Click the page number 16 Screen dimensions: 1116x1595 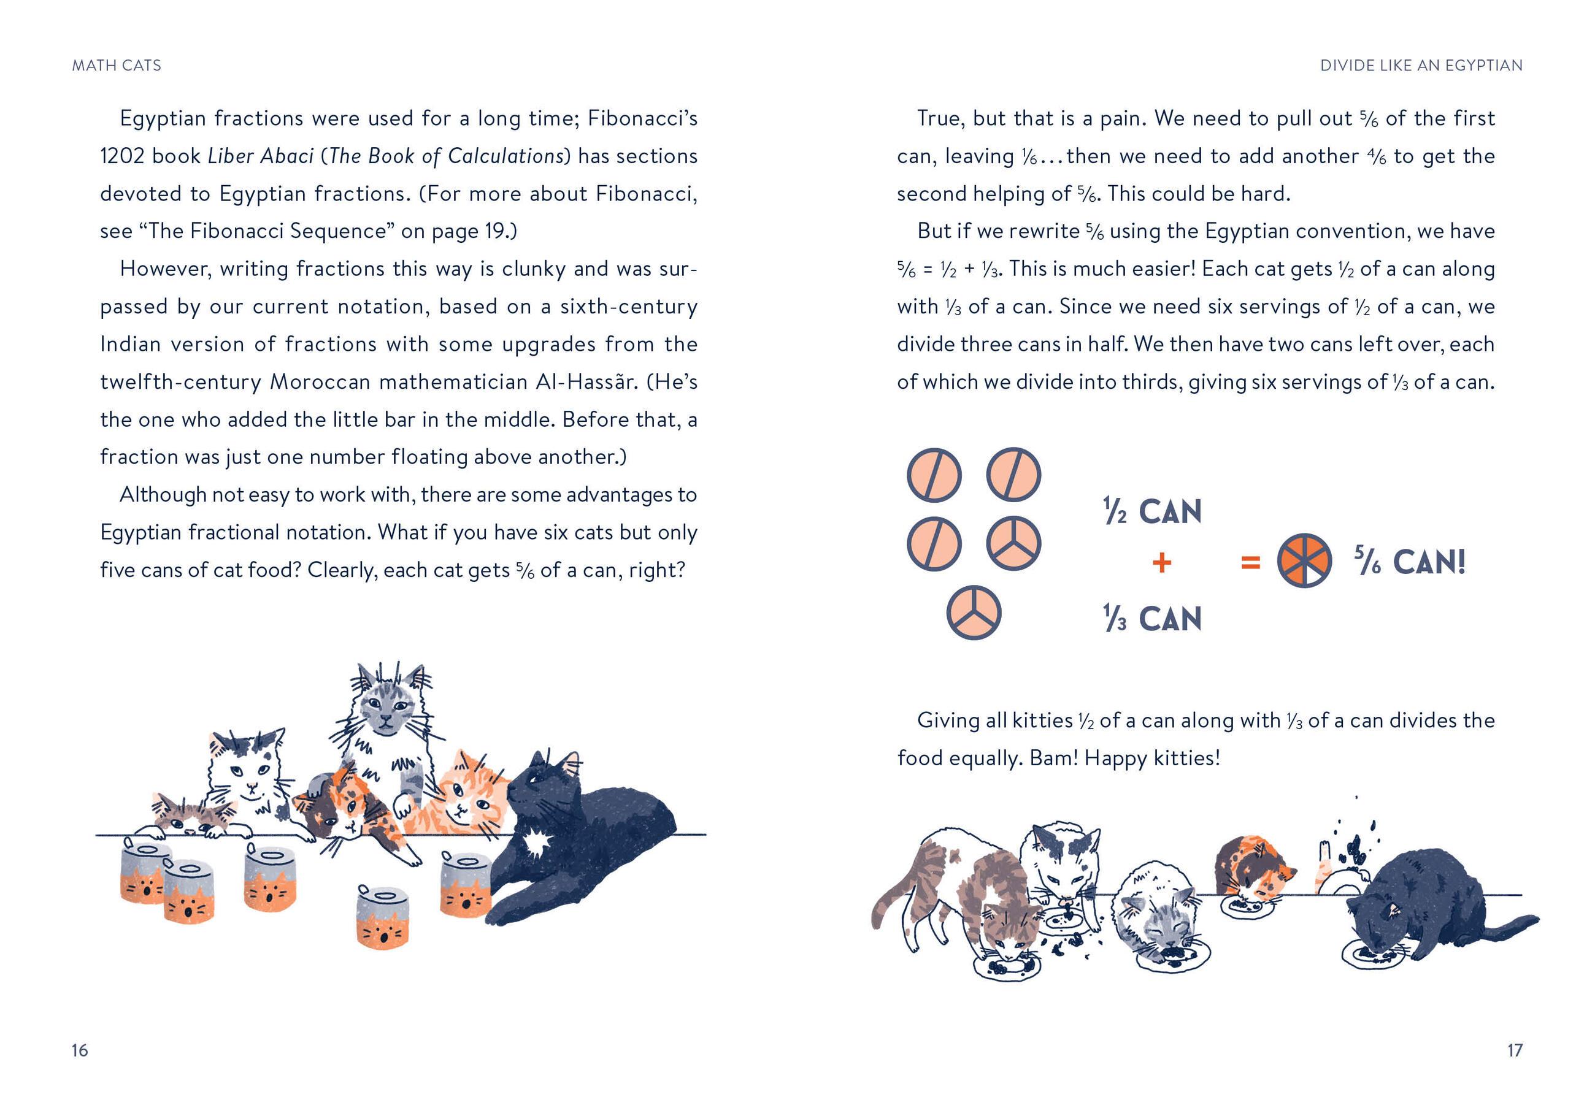(80, 1049)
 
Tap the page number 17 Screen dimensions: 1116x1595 (1515, 1049)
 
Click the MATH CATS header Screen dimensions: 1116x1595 (117, 65)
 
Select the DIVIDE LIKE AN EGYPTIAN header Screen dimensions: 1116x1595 (1421, 65)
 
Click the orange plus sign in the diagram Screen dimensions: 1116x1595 (1161, 562)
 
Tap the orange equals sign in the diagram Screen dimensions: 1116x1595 (1250, 562)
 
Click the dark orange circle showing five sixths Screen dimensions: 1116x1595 (1304, 561)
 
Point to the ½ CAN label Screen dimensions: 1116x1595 (1153, 513)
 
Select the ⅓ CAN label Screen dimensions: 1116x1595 (1153, 618)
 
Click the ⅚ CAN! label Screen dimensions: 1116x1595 (1410, 561)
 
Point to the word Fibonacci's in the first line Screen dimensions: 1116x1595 (642, 119)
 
